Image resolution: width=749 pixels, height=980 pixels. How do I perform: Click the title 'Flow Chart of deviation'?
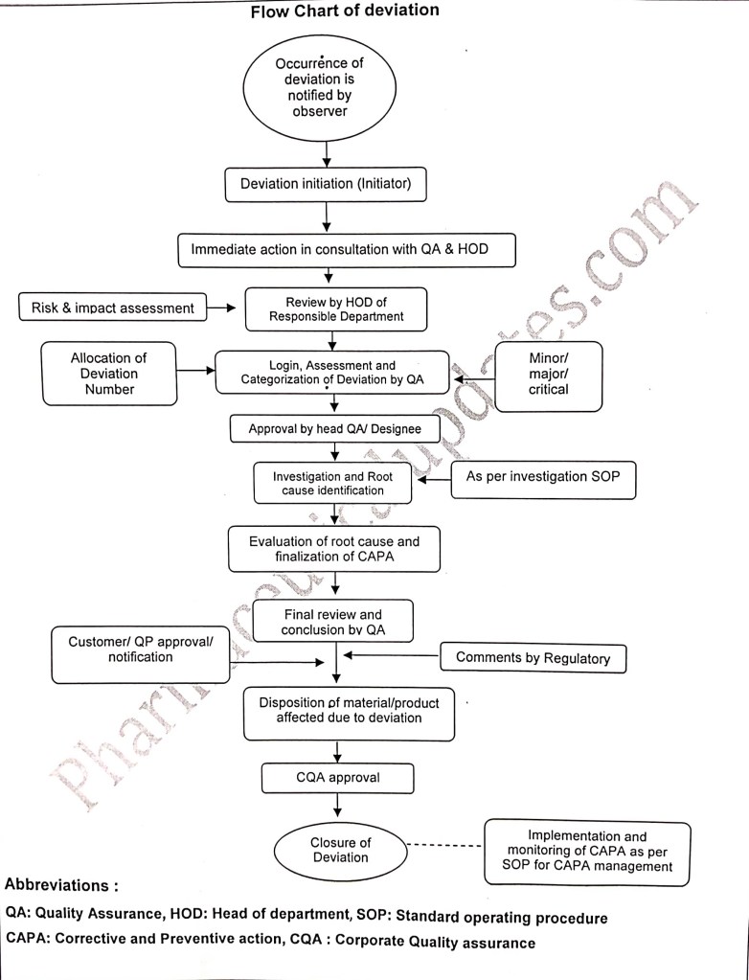(x=345, y=11)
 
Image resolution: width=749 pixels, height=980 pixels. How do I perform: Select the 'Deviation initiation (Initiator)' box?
(x=325, y=184)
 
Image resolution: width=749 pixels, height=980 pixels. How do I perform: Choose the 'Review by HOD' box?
(x=330, y=308)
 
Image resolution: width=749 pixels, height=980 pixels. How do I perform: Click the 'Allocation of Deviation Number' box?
(x=108, y=374)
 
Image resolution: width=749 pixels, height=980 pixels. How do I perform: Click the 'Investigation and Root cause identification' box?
(x=332, y=483)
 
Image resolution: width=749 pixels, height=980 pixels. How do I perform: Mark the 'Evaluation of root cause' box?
(x=334, y=550)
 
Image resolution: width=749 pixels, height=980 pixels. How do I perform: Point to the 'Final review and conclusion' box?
(x=332, y=622)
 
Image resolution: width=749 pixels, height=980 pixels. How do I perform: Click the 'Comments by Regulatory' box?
(x=533, y=658)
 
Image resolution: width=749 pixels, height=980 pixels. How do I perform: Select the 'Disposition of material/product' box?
(x=349, y=713)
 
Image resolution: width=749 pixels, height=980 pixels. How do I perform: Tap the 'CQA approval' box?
(x=338, y=777)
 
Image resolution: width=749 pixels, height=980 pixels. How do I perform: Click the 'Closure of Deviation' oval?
(x=340, y=850)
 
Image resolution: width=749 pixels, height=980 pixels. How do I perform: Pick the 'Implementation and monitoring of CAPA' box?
(x=587, y=852)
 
